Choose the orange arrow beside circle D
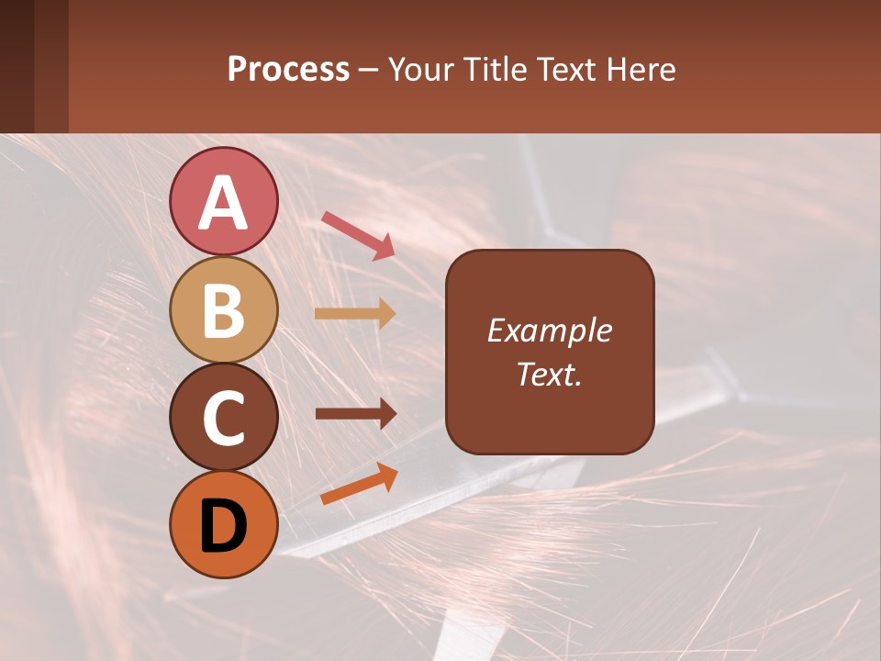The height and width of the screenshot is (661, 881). click(x=359, y=484)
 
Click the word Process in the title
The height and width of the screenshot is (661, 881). click(x=288, y=70)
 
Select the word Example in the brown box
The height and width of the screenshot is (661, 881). click(x=549, y=330)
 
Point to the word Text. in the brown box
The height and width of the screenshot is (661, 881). click(x=549, y=374)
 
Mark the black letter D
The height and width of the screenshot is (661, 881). click(x=223, y=526)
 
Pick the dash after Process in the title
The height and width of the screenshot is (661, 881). click(x=369, y=71)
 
